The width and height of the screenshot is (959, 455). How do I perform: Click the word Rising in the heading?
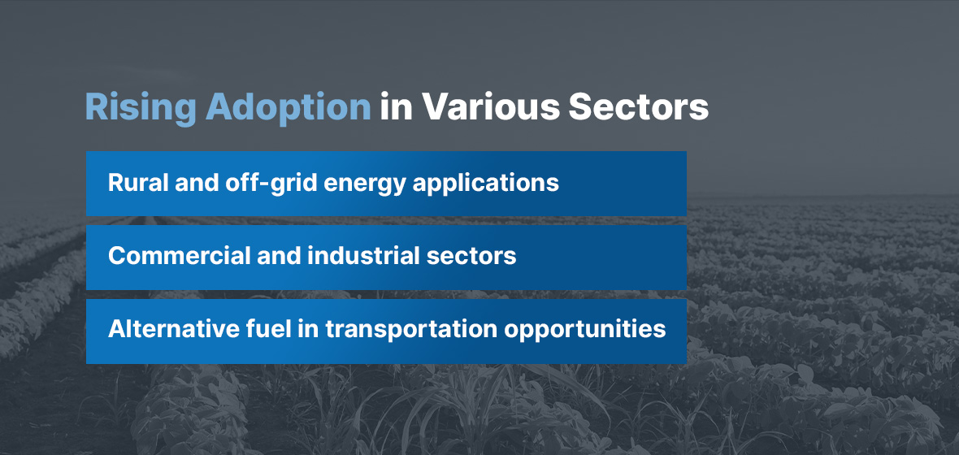pos(141,109)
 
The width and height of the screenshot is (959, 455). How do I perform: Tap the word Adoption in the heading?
pos(288,107)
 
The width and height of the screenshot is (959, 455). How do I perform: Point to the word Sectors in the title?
pos(639,107)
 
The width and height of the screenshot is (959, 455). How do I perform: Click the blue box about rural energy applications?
pos(386,184)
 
